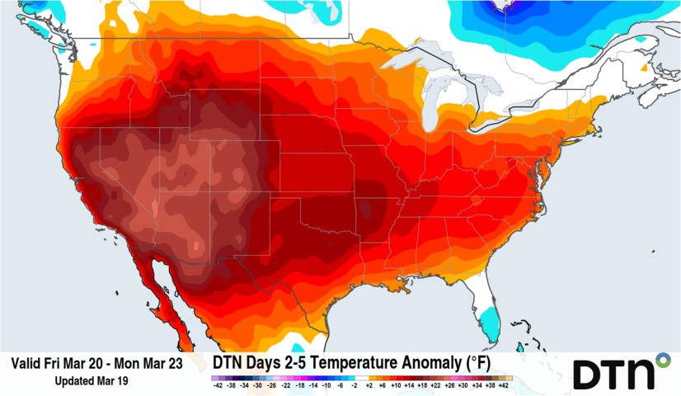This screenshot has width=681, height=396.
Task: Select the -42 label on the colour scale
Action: click(x=217, y=385)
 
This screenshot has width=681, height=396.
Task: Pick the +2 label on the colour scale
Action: click(x=370, y=385)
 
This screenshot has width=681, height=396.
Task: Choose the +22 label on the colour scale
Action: click(x=436, y=385)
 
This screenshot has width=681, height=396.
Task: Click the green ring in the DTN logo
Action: click(x=662, y=360)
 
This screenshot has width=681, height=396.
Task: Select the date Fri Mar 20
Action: click(x=68, y=363)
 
